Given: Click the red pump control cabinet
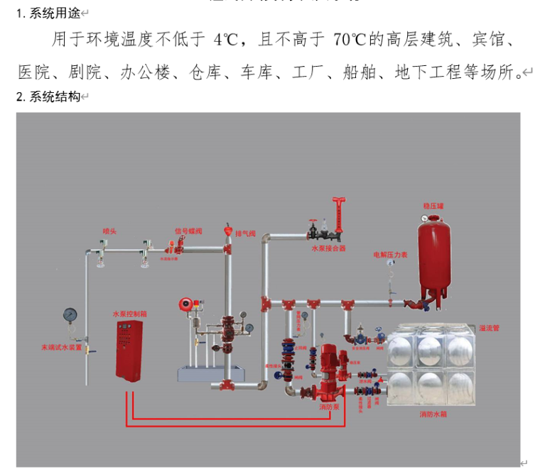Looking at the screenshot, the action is coord(133,351).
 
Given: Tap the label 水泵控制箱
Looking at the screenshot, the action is coord(129,313).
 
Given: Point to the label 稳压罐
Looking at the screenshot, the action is coord(433,206).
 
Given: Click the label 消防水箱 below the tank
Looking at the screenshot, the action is coord(433,414).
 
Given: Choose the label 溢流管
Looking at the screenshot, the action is coord(489,328).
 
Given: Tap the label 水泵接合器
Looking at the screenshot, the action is coord(328,249).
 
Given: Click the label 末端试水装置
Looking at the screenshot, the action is coord(61,348).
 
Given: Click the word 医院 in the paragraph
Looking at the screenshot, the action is coord(33,72).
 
